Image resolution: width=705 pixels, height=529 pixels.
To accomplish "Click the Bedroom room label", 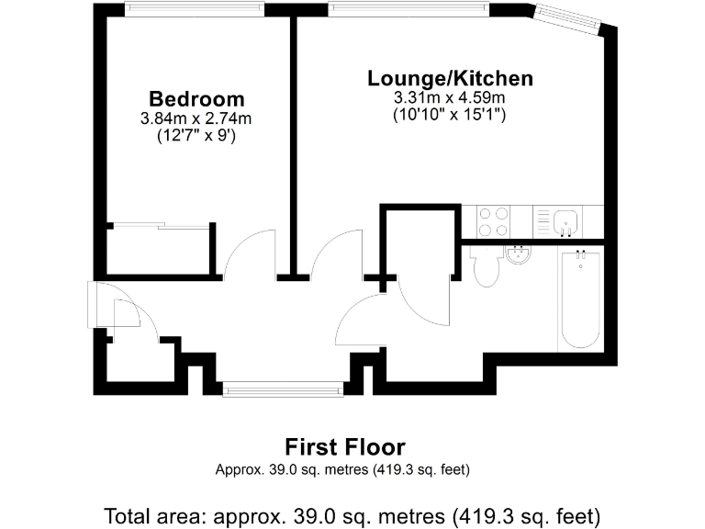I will pyautogui.click(x=196, y=99).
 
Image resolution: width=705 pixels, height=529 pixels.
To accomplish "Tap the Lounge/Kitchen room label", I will pyautogui.click(x=450, y=78).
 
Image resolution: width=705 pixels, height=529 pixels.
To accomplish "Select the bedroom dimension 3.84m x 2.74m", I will pyautogui.click(x=196, y=118).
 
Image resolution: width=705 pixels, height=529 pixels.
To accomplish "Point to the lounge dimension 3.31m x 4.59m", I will pyautogui.click(x=450, y=97).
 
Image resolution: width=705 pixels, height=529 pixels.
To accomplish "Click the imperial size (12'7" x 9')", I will pyautogui.click(x=196, y=136).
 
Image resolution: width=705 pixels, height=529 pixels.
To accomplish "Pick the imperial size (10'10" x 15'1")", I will pyautogui.click(x=450, y=115).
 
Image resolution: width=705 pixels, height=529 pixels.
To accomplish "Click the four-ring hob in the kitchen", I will pyautogui.click(x=495, y=222).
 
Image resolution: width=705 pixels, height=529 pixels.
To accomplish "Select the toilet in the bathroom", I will pyautogui.click(x=485, y=267).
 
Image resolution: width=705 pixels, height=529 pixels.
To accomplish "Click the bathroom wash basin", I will pyautogui.click(x=520, y=253).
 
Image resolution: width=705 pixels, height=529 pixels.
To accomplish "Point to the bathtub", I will pyautogui.click(x=579, y=298).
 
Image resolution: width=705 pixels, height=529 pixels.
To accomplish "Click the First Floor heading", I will pyautogui.click(x=344, y=447).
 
